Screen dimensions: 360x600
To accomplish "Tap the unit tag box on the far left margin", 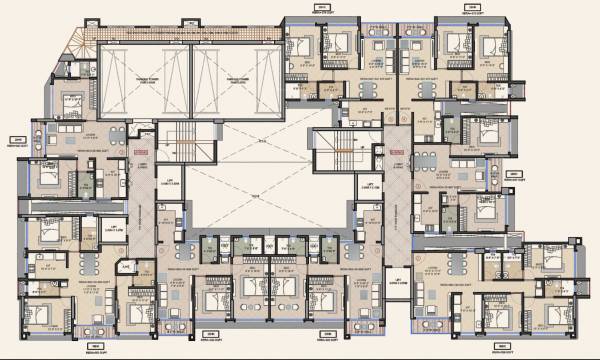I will [16, 141].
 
